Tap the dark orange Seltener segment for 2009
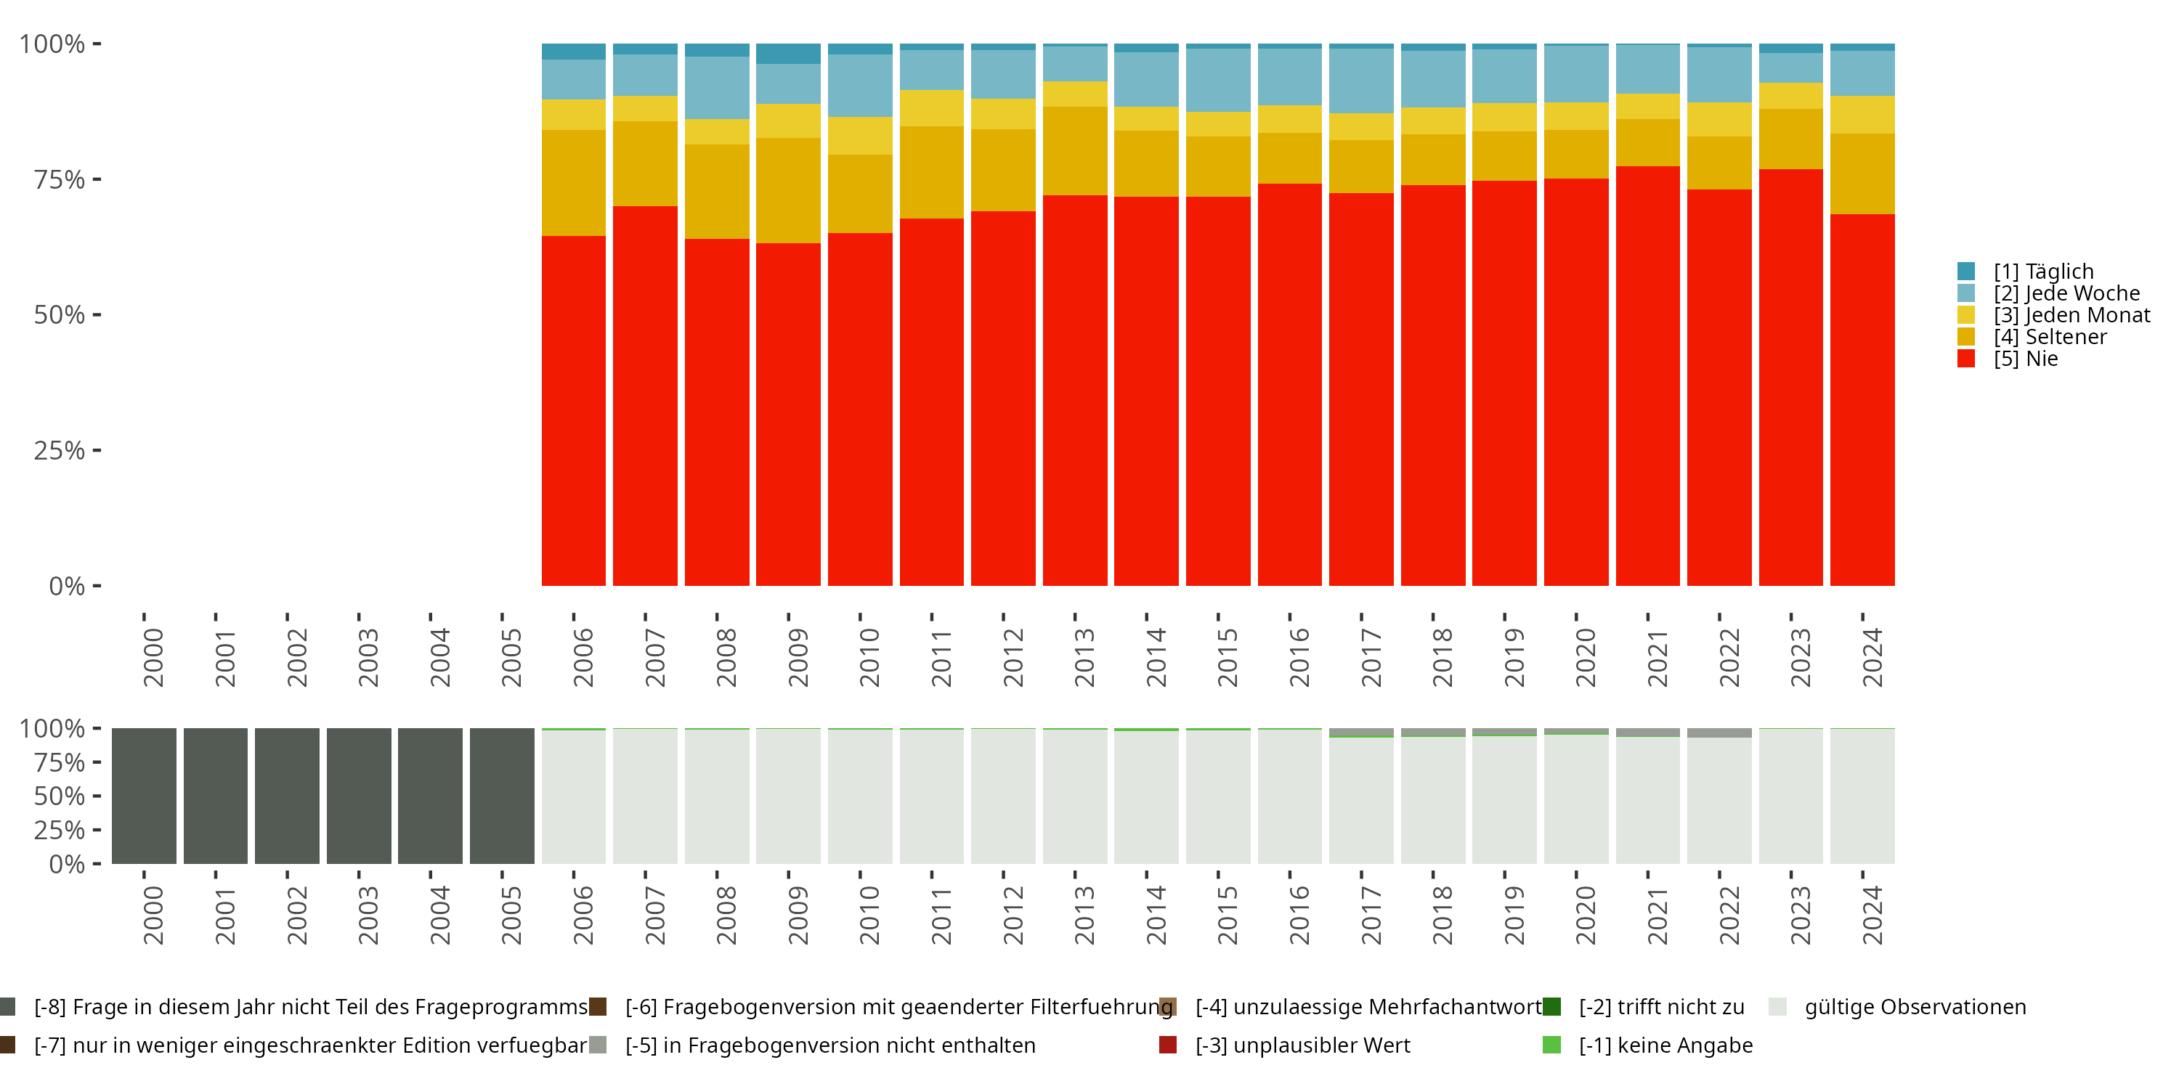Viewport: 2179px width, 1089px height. coord(787,190)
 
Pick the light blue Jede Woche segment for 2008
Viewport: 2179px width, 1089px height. coord(716,88)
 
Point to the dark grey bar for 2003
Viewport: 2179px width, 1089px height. coord(359,796)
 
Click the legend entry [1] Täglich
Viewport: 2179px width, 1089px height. coord(2042,272)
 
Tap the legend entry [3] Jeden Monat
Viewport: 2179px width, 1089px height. coord(2071,315)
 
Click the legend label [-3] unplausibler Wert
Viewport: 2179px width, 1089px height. coord(1302,1045)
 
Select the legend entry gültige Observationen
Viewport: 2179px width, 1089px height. coord(1914,1007)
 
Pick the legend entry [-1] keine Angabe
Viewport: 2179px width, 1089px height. coord(1665,1045)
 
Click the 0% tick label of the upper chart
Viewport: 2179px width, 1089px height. coord(67,586)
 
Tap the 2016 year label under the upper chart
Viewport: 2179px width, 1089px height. coord(1299,657)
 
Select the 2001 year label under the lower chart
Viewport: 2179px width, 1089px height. coord(224,915)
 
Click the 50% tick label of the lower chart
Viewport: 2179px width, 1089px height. coord(60,796)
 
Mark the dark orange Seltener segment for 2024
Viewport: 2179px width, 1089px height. coord(1862,174)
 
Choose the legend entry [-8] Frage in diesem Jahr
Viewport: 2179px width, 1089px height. coord(309,1007)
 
